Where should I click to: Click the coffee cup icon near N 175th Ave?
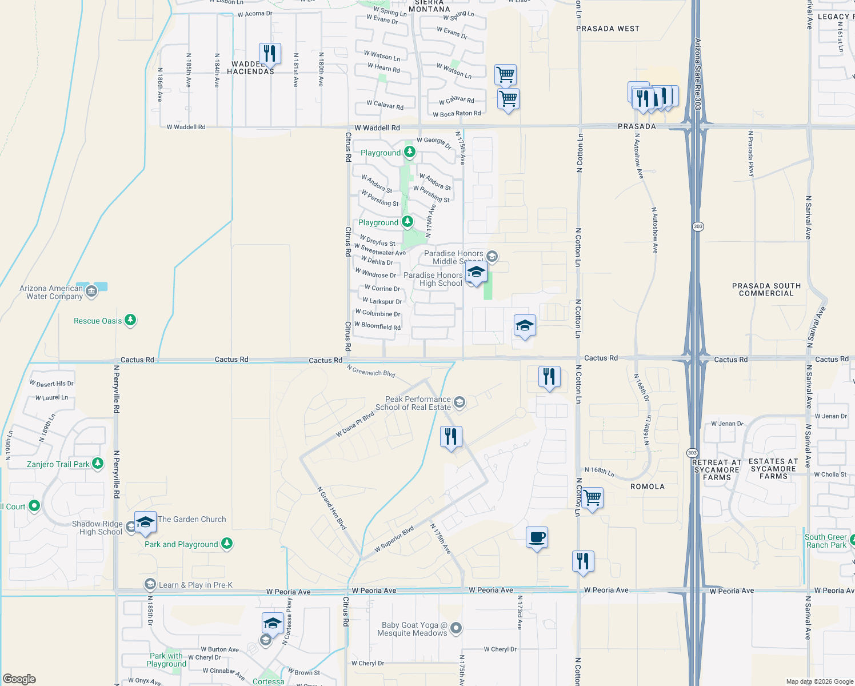coord(537,538)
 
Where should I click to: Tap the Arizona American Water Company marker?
coord(91,292)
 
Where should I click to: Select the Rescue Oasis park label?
coord(98,321)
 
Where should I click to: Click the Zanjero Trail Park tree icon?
coord(98,464)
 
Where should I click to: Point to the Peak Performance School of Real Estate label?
coord(418,404)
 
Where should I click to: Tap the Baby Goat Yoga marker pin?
coord(456,629)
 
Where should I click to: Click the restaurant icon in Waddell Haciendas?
coord(269,54)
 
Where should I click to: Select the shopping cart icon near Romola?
coord(592,498)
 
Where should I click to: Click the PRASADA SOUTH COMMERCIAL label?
coord(766,289)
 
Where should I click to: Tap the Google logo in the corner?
coord(19,679)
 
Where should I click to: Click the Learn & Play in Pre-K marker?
coord(150,584)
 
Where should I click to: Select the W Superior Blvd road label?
coord(394,540)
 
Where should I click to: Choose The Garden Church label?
coord(192,519)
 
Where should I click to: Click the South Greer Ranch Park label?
coord(825,541)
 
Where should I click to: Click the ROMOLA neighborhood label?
coord(647,486)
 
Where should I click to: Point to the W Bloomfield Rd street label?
coord(377,326)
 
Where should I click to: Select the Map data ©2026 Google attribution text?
coord(820,681)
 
